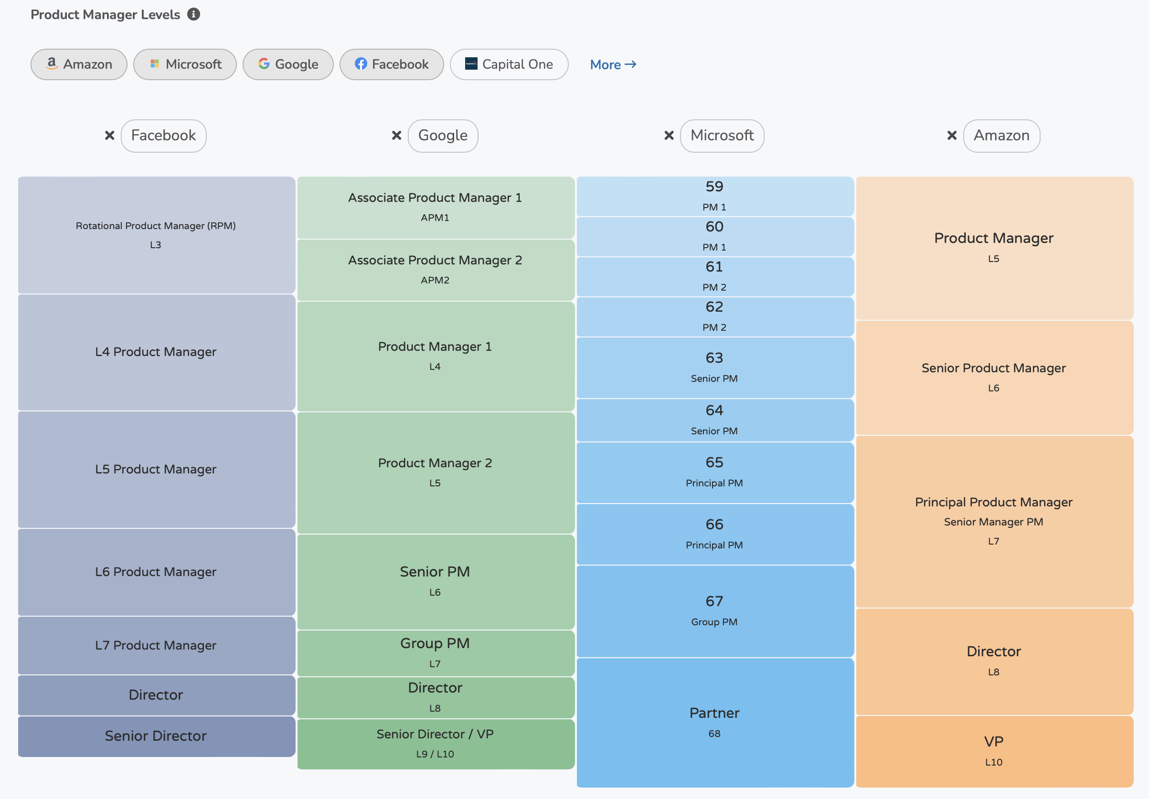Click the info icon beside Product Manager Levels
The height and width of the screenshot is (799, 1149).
coord(194,14)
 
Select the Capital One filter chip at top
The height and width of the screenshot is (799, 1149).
coord(509,64)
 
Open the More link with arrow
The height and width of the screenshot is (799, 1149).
coord(613,64)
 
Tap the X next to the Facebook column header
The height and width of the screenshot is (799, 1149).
coord(109,136)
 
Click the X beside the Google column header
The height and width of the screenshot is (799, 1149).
coord(396,136)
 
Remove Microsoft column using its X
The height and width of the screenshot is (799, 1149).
coord(669,136)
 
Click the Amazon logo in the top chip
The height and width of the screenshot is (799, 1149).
coord(52,63)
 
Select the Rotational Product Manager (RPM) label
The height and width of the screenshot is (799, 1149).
coord(156,226)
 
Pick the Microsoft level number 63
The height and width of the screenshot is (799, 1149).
coord(714,357)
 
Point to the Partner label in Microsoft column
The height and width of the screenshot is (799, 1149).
coord(714,713)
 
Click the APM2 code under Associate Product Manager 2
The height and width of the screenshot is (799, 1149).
coord(435,280)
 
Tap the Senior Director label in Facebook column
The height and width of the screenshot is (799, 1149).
coord(156,736)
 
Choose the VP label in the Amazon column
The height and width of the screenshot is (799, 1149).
coord(993,741)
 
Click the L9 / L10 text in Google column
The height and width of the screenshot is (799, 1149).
coord(435,754)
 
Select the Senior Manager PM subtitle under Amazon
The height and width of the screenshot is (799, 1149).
coord(993,522)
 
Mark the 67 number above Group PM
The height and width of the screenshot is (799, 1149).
coord(714,601)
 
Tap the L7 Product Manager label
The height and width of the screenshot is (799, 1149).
coord(156,645)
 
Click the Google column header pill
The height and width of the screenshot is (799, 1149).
coord(443,136)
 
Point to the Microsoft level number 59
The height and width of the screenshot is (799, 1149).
coord(714,187)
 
